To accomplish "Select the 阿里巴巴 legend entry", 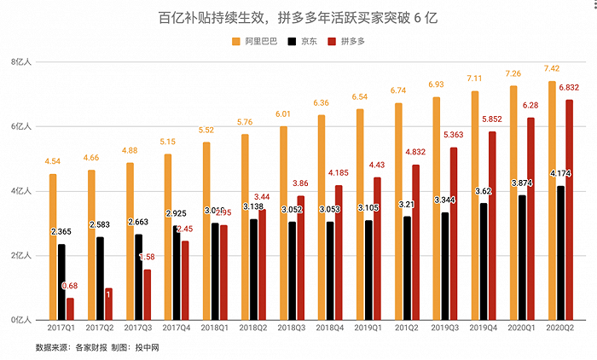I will tap(255, 40).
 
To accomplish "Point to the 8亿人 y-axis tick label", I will tap(20, 62).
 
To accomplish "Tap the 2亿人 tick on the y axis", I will tap(20, 256).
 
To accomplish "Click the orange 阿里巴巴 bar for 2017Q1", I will tap(53, 247).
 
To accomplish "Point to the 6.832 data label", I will tap(569, 87).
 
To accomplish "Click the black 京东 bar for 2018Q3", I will tap(292, 270).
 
